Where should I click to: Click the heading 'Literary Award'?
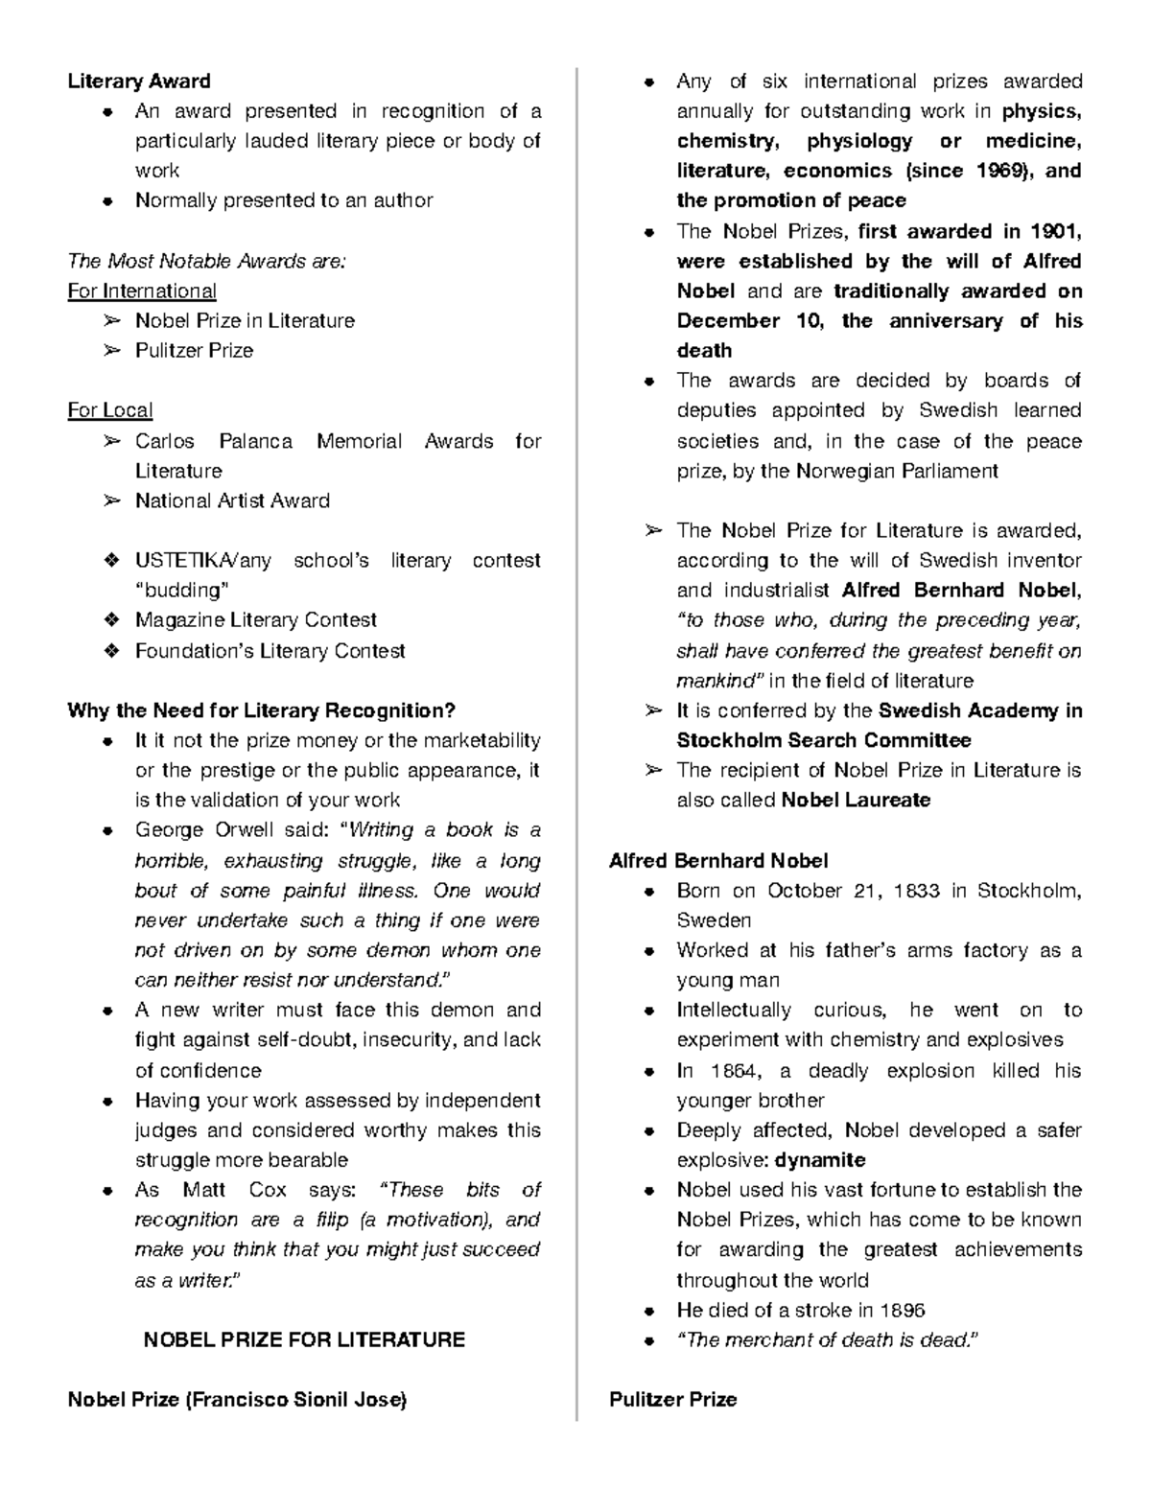[x=139, y=81]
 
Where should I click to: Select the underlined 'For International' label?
[x=142, y=291]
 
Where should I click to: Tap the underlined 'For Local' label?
[x=110, y=410]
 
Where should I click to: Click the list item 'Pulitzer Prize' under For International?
[x=194, y=351]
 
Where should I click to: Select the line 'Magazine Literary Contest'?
[x=255, y=620]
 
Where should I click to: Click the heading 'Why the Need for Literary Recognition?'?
[x=261, y=710]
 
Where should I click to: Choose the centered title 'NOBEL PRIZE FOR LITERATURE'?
[x=304, y=1339]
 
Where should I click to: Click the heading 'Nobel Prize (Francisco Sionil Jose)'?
[x=237, y=1400]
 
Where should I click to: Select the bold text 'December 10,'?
[x=749, y=321]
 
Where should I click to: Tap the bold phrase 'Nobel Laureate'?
[x=856, y=801]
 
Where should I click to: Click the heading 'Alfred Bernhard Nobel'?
[x=718, y=861]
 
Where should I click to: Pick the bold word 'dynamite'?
[x=820, y=1160]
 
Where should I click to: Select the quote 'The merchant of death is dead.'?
[x=828, y=1340]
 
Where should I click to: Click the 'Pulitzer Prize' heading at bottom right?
[x=672, y=1400]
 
